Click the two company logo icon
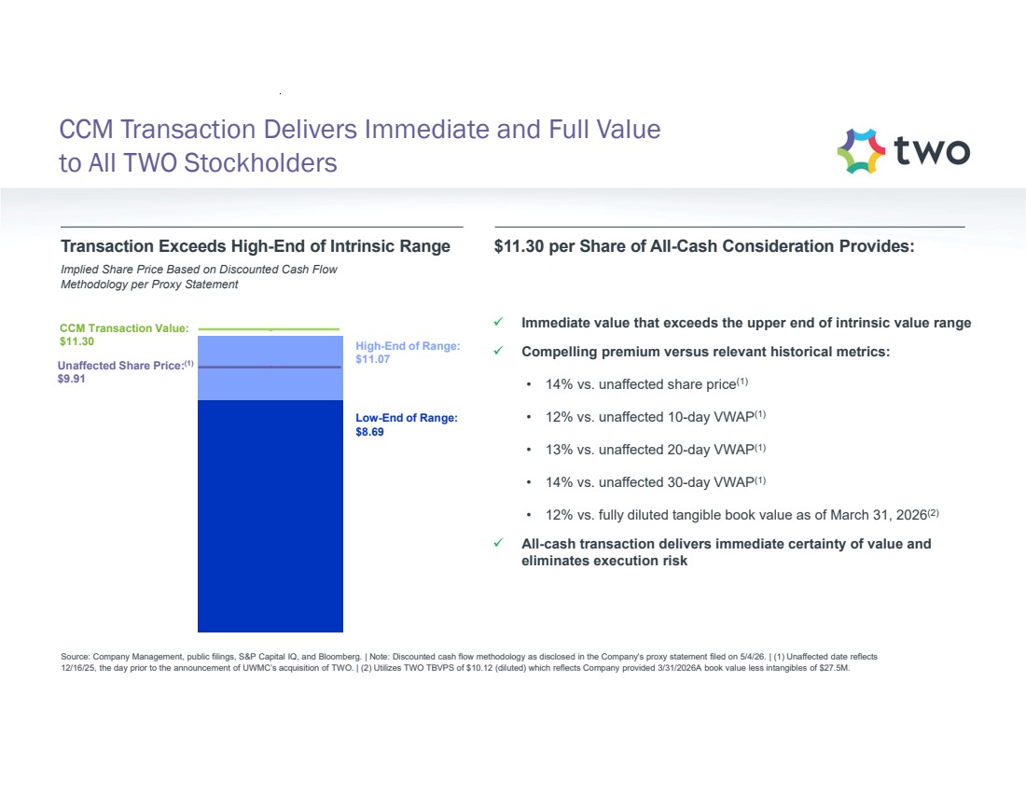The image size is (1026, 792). click(x=861, y=151)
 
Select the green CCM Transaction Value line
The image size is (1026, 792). click(x=269, y=328)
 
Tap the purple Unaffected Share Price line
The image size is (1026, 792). click(x=270, y=367)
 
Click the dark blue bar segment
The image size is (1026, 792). click(x=270, y=516)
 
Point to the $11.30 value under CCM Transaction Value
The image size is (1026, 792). click(x=76, y=341)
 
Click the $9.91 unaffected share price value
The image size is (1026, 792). click(x=71, y=379)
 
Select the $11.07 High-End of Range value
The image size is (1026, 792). click(x=373, y=359)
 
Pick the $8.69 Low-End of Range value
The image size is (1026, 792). click(x=369, y=432)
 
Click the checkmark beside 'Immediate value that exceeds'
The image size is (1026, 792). click(x=499, y=322)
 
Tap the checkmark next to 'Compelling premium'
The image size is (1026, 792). click(x=499, y=350)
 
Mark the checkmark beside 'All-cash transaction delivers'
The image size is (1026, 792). click(x=499, y=543)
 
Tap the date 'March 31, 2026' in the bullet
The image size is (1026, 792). click(x=879, y=515)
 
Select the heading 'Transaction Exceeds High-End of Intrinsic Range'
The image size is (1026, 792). click(x=256, y=246)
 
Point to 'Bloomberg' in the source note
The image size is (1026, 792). click(x=340, y=657)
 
